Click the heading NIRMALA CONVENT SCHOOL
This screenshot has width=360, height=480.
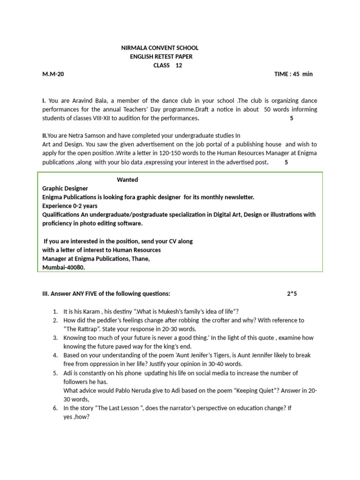(x=159, y=48)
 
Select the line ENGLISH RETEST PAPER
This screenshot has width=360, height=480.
(x=161, y=57)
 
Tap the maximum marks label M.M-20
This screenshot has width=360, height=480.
(x=53, y=75)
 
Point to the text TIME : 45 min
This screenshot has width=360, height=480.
(x=293, y=75)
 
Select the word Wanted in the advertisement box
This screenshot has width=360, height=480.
(x=127, y=180)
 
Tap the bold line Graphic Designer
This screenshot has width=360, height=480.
(x=65, y=188)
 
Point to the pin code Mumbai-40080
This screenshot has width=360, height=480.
(x=64, y=268)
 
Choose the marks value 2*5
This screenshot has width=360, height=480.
(x=292, y=294)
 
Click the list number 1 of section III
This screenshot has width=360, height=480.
(x=55, y=312)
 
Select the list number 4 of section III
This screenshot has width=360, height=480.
(x=55, y=355)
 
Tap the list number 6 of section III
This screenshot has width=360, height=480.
(x=55, y=408)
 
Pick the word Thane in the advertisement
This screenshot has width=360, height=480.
(x=139, y=259)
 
